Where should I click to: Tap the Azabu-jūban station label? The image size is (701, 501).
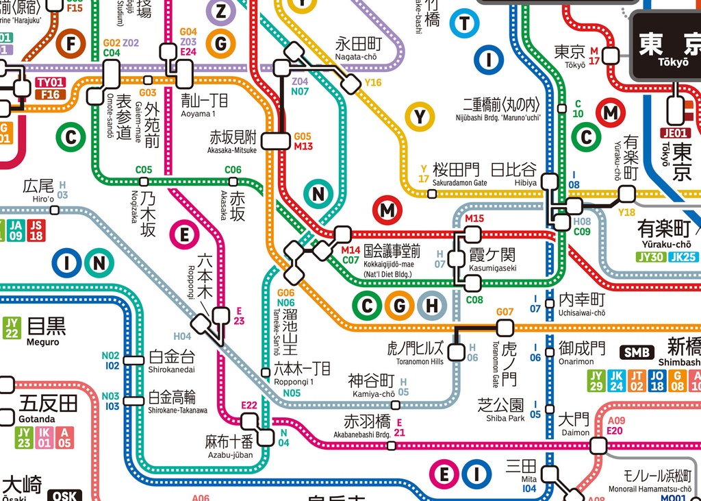pos(229,445)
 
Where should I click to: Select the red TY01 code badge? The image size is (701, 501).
pos(51,83)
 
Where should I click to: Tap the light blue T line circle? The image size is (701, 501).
pos(465,23)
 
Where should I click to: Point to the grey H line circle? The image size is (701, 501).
pos(432,306)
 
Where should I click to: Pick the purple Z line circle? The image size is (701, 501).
pos(220,11)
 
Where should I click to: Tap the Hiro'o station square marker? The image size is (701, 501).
pos(55,210)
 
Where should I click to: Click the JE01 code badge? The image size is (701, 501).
pos(675,133)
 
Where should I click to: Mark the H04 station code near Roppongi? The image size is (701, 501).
pos(182,337)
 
